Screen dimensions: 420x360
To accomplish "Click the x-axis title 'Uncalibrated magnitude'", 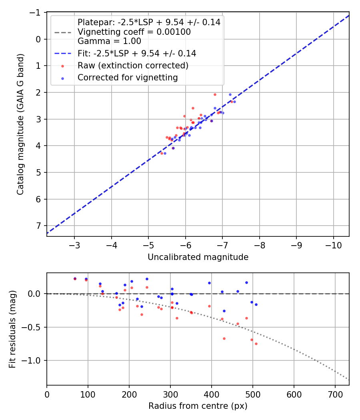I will [198, 257].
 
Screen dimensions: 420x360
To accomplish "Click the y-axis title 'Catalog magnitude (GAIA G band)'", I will [20, 124].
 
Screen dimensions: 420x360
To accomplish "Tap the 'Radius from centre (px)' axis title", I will [198, 406].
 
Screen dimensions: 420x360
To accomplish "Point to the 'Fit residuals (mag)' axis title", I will [12, 329].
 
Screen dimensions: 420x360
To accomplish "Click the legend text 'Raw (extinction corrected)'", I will [133, 65].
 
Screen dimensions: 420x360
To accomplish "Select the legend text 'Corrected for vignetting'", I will [128, 78].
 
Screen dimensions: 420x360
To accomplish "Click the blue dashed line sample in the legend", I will [63, 53].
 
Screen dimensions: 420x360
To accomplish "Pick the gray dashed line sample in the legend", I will [63, 32].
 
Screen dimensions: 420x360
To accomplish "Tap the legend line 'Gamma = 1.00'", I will [109, 41].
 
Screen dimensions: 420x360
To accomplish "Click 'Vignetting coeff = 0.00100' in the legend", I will [134, 32].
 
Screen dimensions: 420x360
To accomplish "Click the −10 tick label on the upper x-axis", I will [333, 244].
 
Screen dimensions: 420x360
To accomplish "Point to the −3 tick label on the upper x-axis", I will [74, 244].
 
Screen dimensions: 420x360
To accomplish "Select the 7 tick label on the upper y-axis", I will [38, 226].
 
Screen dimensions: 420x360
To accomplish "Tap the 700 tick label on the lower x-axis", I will [335, 394].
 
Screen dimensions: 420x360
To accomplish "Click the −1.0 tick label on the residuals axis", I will [31, 360].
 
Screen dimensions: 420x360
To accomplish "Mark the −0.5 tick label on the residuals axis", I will [31, 327].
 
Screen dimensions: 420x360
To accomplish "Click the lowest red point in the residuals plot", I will [256, 344].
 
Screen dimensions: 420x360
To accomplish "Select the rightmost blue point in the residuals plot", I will [256, 304].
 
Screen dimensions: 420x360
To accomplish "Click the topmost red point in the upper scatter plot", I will [215, 95].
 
